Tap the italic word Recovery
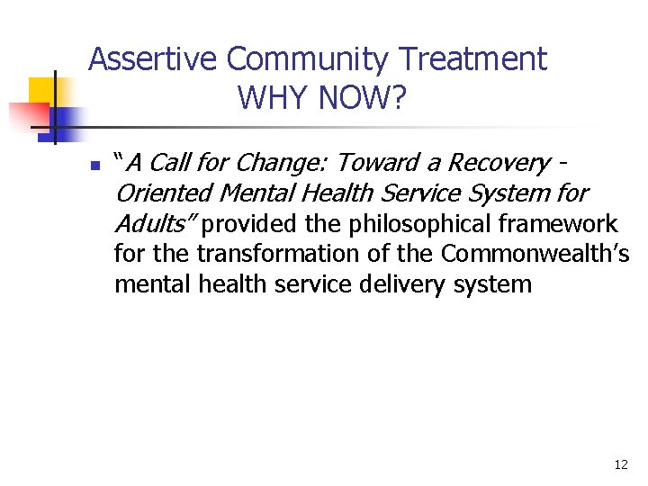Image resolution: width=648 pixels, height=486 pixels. coord(498,163)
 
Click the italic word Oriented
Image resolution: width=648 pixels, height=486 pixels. coord(161,193)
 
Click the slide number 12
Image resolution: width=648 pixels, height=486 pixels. coord(621,465)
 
